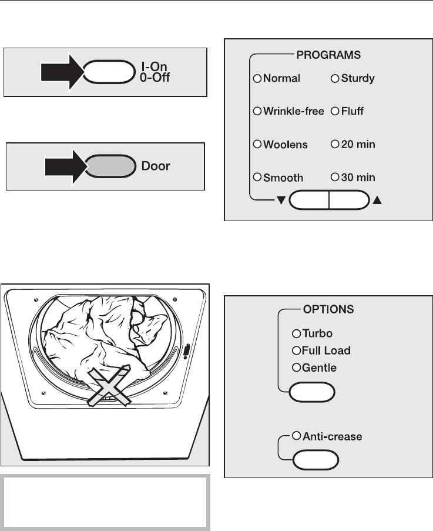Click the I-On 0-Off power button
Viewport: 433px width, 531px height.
click(109, 72)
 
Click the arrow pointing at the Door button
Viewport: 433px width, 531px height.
click(66, 166)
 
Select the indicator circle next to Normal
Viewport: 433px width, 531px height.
click(257, 79)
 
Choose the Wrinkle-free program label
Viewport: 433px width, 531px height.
click(294, 111)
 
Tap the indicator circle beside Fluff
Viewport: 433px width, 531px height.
click(334, 111)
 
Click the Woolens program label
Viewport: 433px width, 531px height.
click(286, 144)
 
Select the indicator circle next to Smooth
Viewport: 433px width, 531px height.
click(257, 177)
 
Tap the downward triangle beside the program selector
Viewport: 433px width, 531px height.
click(281, 201)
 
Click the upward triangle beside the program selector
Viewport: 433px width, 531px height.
click(377, 201)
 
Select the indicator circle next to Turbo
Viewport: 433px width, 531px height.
click(296, 333)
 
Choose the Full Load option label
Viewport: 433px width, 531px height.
click(330, 350)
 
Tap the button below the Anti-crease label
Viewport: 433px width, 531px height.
click(315, 459)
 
